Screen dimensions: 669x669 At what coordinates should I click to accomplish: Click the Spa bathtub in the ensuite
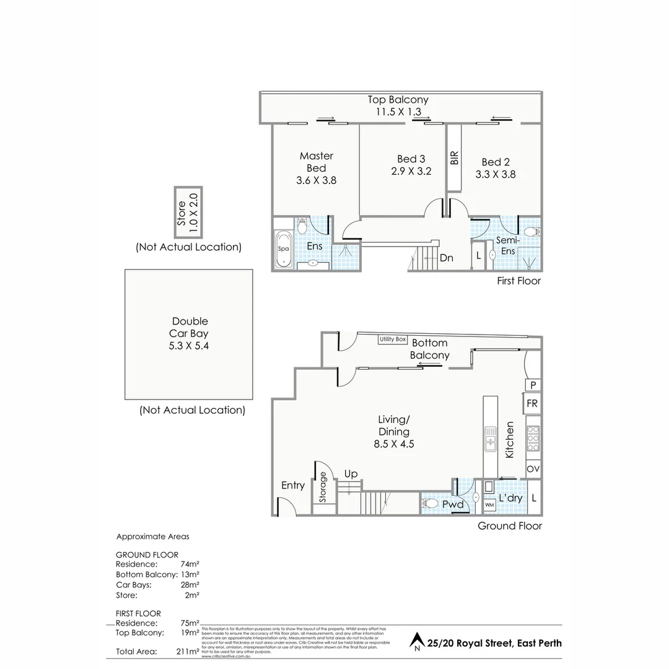[x=284, y=250]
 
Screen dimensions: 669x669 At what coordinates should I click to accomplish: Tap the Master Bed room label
[x=316, y=168]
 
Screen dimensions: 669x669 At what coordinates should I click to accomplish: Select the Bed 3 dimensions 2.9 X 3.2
[x=411, y=172]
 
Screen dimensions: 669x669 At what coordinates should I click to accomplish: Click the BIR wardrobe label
[x=454, y=157]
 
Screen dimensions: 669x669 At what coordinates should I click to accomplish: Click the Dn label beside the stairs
[x=447, y=258]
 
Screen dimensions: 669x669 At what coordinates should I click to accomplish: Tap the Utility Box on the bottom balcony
[x=393, y=339]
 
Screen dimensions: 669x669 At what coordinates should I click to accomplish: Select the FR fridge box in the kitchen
[x=532, y=404]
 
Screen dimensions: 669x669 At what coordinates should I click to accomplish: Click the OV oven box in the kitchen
[x=532, y=469]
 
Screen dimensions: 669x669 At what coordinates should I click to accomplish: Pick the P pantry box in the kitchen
[x=532, y=385]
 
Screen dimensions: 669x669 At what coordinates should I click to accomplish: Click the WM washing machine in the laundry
[x=489, y=505]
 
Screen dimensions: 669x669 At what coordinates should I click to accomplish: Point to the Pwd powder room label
[x=453, y=504]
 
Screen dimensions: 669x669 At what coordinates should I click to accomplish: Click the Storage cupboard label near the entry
[x=323, y=487]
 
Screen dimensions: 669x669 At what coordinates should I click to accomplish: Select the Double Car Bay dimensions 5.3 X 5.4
[x=189, y=346]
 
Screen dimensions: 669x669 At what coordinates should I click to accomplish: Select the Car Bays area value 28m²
[x=189, y=585]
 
